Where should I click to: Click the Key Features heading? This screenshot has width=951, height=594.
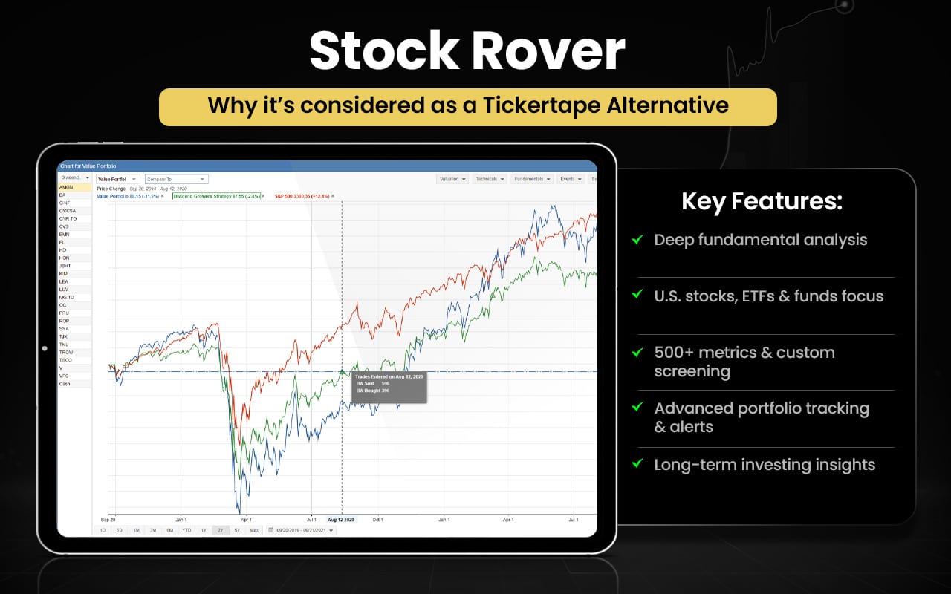pos(762,202)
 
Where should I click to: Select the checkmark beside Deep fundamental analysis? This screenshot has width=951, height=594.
pos(637,240)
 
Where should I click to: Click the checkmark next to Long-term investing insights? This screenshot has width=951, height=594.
pos(637,464)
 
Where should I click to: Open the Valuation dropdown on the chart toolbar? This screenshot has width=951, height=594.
pos(452,179)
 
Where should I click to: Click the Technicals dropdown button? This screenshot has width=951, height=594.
pos(489,179)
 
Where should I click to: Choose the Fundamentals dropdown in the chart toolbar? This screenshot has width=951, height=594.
pos(532,179)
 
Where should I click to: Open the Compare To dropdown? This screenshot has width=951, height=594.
pos(177,179)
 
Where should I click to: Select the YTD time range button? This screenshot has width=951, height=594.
pos(185,530)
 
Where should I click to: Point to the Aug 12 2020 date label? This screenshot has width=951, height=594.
pos(342,520)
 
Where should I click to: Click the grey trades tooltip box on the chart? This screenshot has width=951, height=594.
pos(389,387)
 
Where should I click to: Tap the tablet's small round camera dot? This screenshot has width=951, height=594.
pos(45,348)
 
